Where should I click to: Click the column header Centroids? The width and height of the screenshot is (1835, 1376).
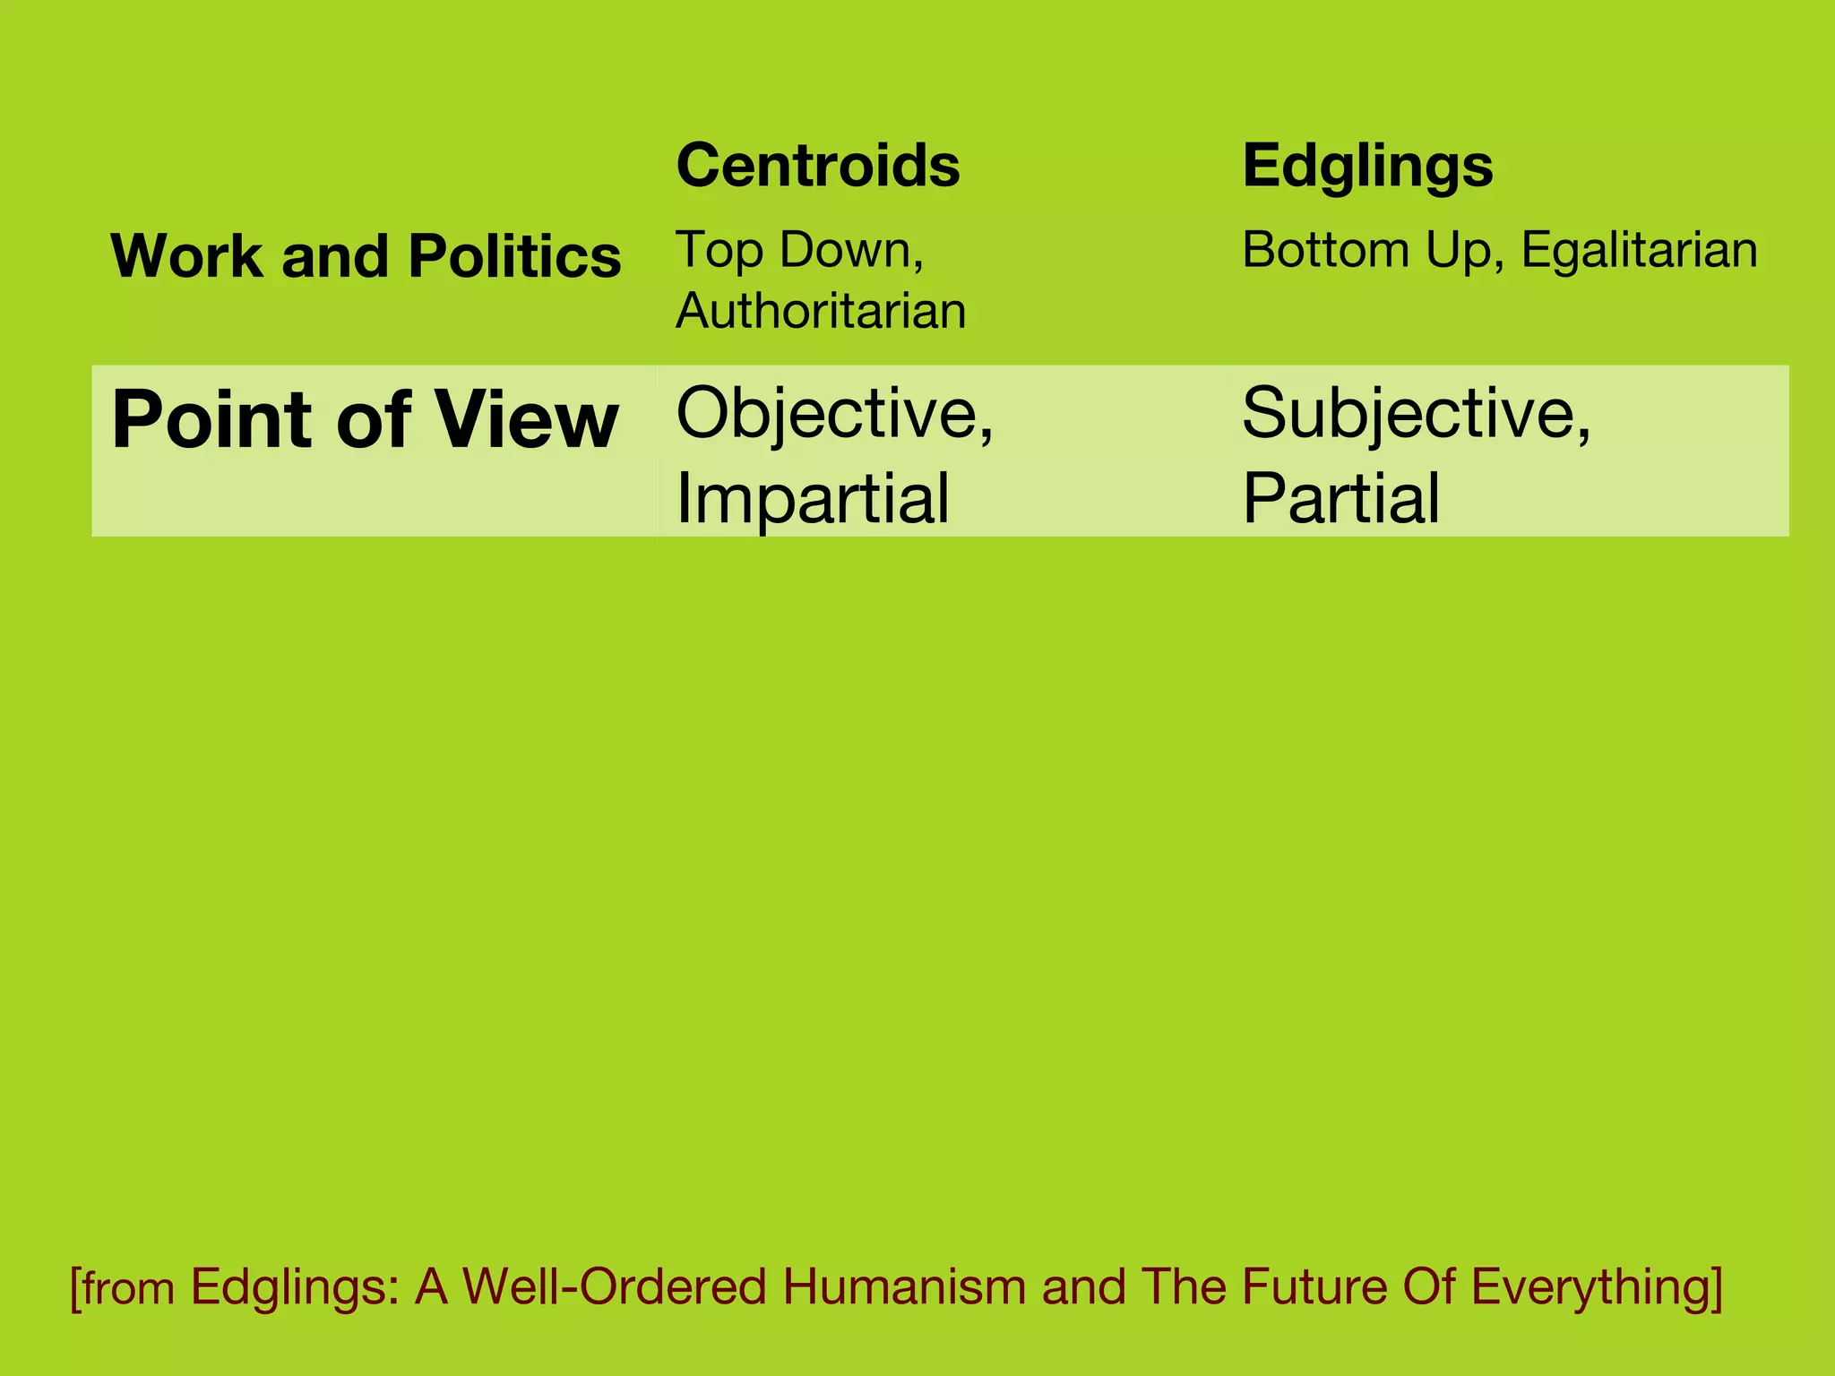click(x=817, y=166)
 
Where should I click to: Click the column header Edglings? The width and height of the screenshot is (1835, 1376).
click(x=1367, y=168)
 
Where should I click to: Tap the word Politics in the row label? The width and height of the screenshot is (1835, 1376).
click(x=514, y=256)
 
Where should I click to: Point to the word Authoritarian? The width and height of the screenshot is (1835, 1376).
click(x=821, y=311)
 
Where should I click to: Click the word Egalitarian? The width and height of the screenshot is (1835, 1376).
click(x=1639, y=250)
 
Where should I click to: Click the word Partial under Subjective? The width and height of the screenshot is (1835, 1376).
click(x=1340, y=498)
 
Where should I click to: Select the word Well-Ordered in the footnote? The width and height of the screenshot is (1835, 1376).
click(x=615, y=1287)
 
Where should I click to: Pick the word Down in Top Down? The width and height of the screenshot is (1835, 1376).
click(x=851, y=250)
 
